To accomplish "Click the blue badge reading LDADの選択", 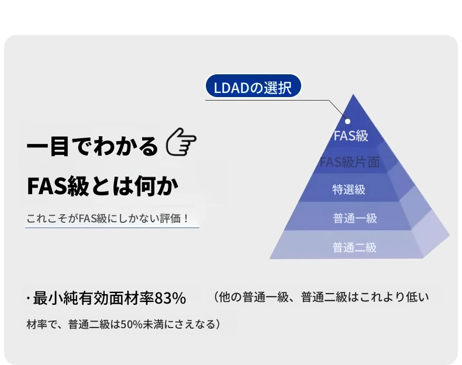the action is point(253,86).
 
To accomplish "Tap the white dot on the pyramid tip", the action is point(348,121).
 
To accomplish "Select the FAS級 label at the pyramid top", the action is point(351,136).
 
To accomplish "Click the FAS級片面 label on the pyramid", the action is point(350,163).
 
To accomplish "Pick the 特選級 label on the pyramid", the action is point(349,190).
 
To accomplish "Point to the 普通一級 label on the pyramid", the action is point(355,218).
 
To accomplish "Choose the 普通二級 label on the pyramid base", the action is point(354,247).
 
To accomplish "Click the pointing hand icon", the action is point(181,142).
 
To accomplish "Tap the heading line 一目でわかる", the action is point(92,146).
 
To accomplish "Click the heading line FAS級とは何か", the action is point(102,186).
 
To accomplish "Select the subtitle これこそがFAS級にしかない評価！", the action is point(108,219).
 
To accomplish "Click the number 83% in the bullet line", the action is point(170,298).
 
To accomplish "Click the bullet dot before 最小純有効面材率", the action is point(28,299).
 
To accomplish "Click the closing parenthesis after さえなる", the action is point(218,324).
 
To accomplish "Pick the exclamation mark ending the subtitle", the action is point(185,219).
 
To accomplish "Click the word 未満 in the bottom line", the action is point(153,324).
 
